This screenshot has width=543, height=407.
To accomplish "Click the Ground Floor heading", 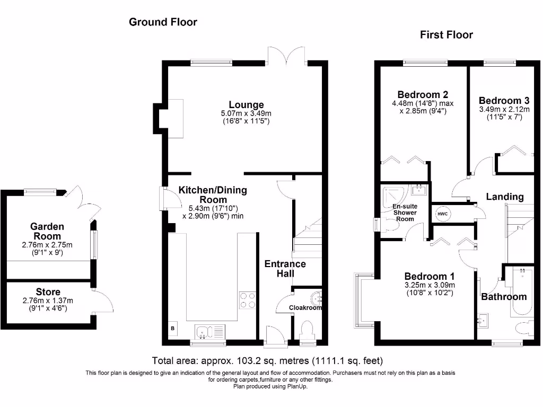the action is click(x=163, y=22).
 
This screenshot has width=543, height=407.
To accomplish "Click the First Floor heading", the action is click(x=446, y=34).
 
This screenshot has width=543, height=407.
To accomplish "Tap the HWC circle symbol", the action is click(x=443, y=214).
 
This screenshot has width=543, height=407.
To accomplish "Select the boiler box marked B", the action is click(x=173, y=328).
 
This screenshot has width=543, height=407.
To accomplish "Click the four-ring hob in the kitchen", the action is click(x=248, y=300).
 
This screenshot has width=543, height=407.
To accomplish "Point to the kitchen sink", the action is click(x=209, y=333).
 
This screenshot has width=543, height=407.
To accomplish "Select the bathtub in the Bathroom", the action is click(x=522, y=291).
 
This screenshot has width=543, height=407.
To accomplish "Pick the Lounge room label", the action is click(x=246, y=104).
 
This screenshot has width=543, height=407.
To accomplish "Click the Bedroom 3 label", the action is click(x=504, y=100).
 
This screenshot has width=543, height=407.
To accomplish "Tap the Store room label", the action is click(x=48, y=292).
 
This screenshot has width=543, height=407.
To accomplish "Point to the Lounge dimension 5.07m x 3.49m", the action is click(x=246, y=113).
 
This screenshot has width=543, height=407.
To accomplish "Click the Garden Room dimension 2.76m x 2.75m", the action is click(x=47, y=245).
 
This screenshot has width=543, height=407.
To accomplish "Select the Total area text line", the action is click(x=267, y=360).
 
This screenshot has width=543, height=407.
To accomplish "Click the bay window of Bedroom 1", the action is click(x=364, y=300).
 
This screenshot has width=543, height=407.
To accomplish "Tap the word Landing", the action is click(x=505, y=197).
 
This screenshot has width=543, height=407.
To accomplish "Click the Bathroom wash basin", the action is click(x=483, y=320).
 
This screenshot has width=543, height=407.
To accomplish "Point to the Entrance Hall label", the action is click(x=285, y=269).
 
